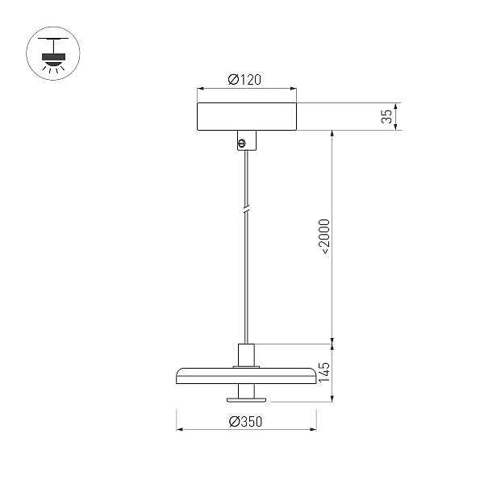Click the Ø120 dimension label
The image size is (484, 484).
(x=244, y=80)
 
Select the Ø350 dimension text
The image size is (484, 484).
(x=246, y=422)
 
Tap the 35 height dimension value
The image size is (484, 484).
(x=386, y=116)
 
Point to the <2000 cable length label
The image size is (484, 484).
(x=325, y=236)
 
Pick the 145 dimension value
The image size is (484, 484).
(x=324, y=372)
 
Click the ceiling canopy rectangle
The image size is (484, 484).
(x=247, y=116)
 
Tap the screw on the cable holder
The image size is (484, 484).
(x=242, y=143)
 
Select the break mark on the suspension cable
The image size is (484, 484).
(x=246, y=210)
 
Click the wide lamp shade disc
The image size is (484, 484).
(x=246, y=376)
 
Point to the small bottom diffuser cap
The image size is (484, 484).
(x=246, y=400)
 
